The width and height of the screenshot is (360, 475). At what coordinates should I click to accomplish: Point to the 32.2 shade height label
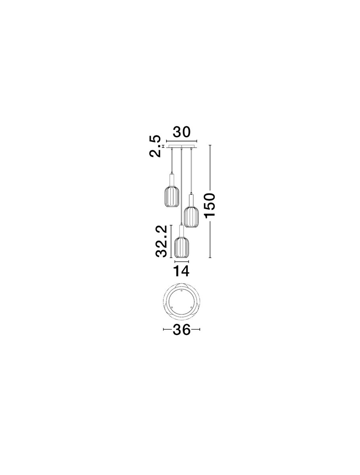pyautogui.click(x=161, y=241)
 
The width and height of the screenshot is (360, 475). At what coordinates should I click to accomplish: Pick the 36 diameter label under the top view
pyautogui.click(x=182, y=330)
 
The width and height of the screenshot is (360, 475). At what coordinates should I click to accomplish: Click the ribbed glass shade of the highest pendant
pyautogui.click(x=172, y=196)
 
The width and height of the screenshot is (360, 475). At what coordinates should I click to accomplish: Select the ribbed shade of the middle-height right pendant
pyautogui.click(x=191, y=217)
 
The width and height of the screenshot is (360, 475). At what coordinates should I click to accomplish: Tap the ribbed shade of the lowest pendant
pyautogui.click(x=182, y=247)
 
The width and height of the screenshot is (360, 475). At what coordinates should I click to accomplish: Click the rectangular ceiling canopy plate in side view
pyautogui.click(x=182, y=146)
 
